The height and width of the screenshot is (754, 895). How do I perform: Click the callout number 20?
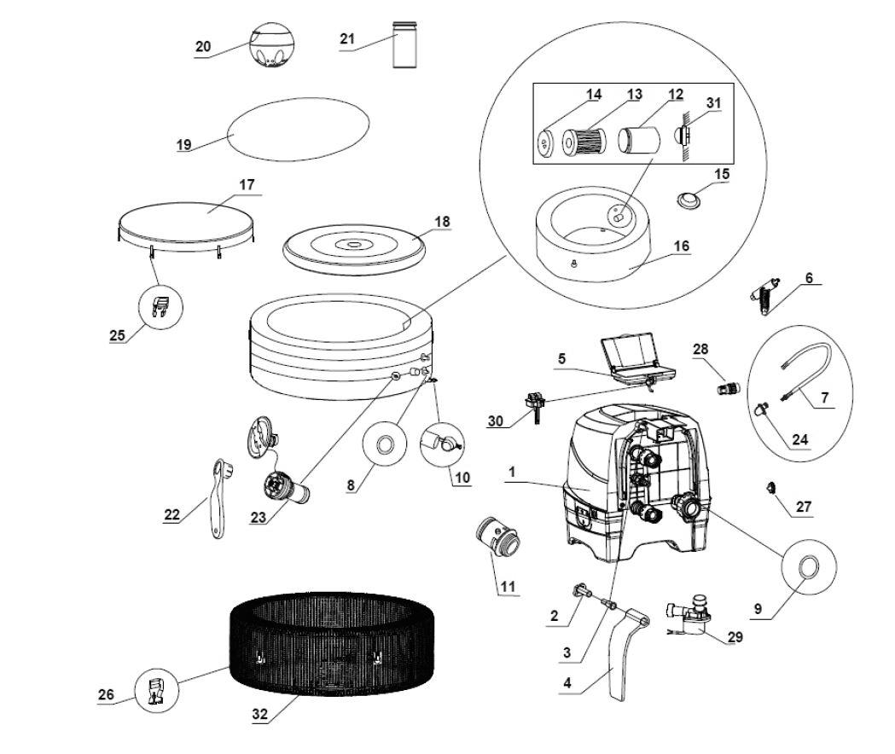coord(202,47)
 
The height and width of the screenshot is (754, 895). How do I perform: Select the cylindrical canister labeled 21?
coord(404,45)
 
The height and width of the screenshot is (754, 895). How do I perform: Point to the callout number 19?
coord(184,145)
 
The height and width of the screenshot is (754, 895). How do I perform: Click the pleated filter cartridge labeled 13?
coord(584,139)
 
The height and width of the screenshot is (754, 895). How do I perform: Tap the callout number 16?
coord(680,246)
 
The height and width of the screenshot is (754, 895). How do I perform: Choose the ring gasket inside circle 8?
coord(383,444)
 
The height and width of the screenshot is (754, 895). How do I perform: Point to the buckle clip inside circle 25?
coord(160,305)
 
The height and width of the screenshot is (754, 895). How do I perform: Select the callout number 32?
coord(260,716)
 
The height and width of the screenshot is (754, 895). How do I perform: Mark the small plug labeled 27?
coord(771,487)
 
